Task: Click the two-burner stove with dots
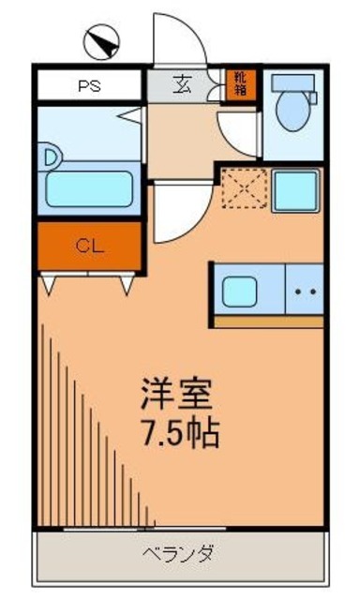[304, 291]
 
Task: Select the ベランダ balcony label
[180, 552]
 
